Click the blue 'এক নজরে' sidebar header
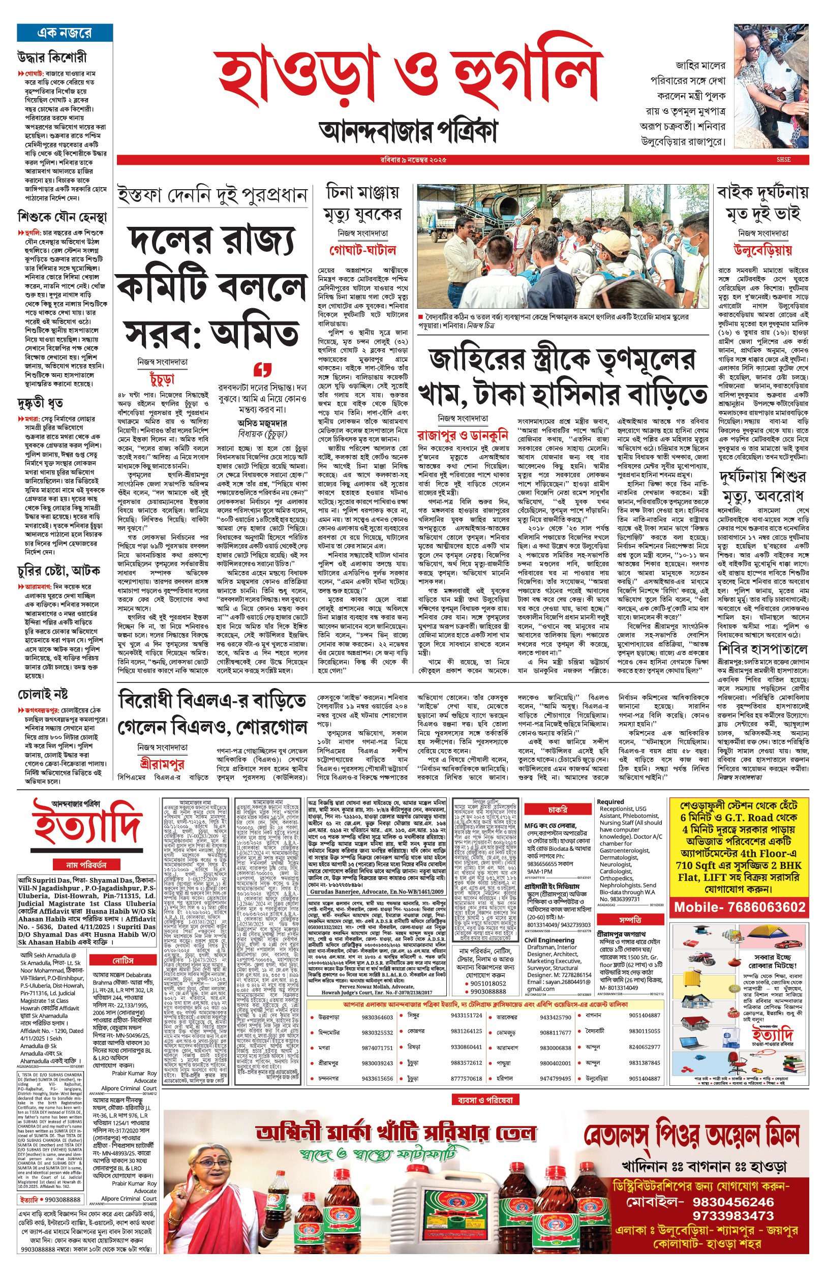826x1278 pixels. [65, 33]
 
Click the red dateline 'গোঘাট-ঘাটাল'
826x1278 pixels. [362, 250]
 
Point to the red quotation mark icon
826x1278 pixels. [262, 369]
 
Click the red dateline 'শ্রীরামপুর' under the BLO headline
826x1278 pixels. [162, 763]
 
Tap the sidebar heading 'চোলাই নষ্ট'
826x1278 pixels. [43, 695]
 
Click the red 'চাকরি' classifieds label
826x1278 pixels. [558, 810]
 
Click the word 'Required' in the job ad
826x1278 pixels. [610, 801]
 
